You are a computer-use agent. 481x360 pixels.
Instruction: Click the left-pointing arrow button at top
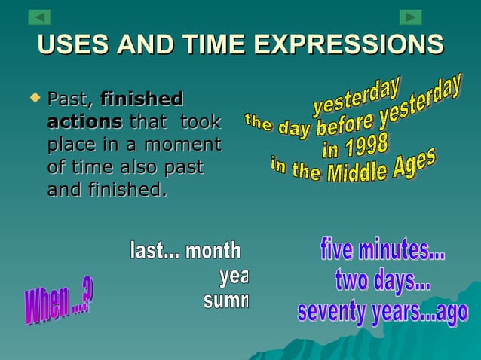click(39, 17)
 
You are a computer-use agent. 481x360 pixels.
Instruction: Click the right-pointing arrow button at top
click(410, 17)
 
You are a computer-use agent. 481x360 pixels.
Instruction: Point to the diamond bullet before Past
click(32, 97)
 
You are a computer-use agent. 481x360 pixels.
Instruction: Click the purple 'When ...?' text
click(59, 302)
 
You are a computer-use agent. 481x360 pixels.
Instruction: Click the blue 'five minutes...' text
click(382, 249)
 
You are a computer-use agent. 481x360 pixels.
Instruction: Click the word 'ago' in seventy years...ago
click(452, 313)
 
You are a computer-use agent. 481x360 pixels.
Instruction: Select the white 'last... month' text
click(185, 251)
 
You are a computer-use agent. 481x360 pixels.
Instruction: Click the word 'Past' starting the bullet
click(69, 99)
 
